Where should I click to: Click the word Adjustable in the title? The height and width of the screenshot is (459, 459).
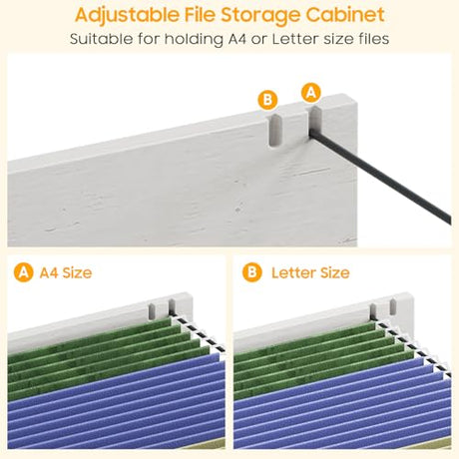127,15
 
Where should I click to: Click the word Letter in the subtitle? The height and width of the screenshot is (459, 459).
296,39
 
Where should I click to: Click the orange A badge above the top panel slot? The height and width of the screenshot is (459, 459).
311,93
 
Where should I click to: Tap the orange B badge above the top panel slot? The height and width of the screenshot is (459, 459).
267,100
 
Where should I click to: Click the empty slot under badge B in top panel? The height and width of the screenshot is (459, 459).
275,131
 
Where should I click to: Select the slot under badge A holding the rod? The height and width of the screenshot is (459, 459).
315,121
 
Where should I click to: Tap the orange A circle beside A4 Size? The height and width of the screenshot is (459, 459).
23,272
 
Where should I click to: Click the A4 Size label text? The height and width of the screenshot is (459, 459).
66,272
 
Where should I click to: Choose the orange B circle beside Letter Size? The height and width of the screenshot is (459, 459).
252,272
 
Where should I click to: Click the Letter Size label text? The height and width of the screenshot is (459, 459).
310,272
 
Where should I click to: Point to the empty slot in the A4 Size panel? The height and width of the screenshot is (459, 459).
152,311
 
